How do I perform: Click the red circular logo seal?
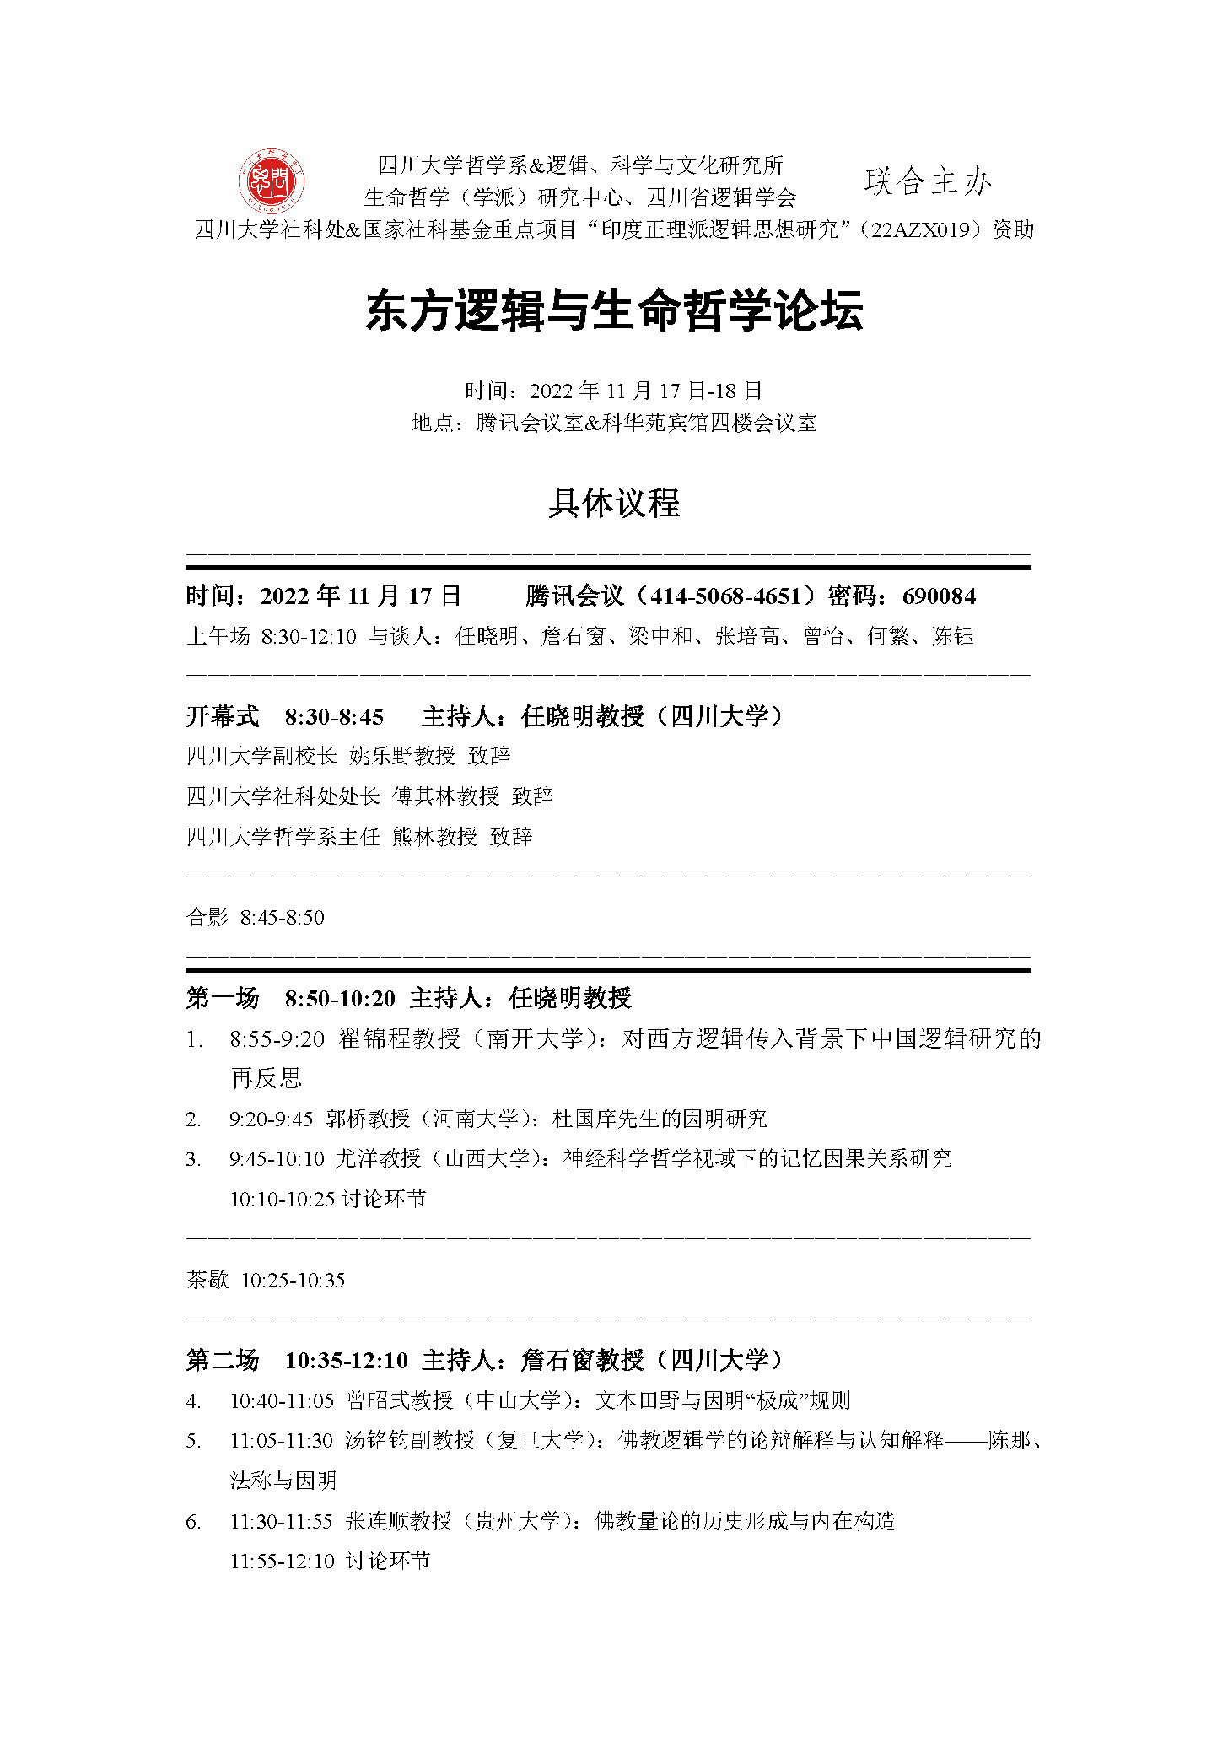tap(271, 181)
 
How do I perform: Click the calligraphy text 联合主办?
tap(928, 181)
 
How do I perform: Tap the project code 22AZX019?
tap(922, 229)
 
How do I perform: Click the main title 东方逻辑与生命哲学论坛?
tap(614, 310)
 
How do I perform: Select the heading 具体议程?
tap(614, 504)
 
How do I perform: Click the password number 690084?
tap(939, 596)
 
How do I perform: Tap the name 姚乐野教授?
tap(402, 756)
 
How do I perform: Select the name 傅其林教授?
tap(445, 796)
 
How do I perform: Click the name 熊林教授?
tap(434, 837)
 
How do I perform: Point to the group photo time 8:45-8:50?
tap(283, 918)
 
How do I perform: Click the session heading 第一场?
tap(223, 999)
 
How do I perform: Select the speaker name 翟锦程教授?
tap(400, 1038)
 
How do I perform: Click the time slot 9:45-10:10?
tap(277, 1159)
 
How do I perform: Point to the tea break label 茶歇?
tap(207, 1281)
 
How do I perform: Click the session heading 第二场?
tap(223, 1361)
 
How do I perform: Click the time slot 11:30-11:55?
tap(282, 1522)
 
